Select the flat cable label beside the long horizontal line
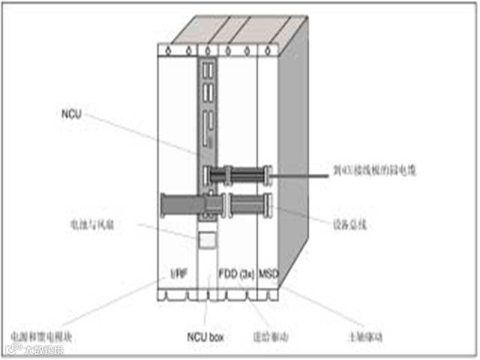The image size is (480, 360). (x=375, y=171)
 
